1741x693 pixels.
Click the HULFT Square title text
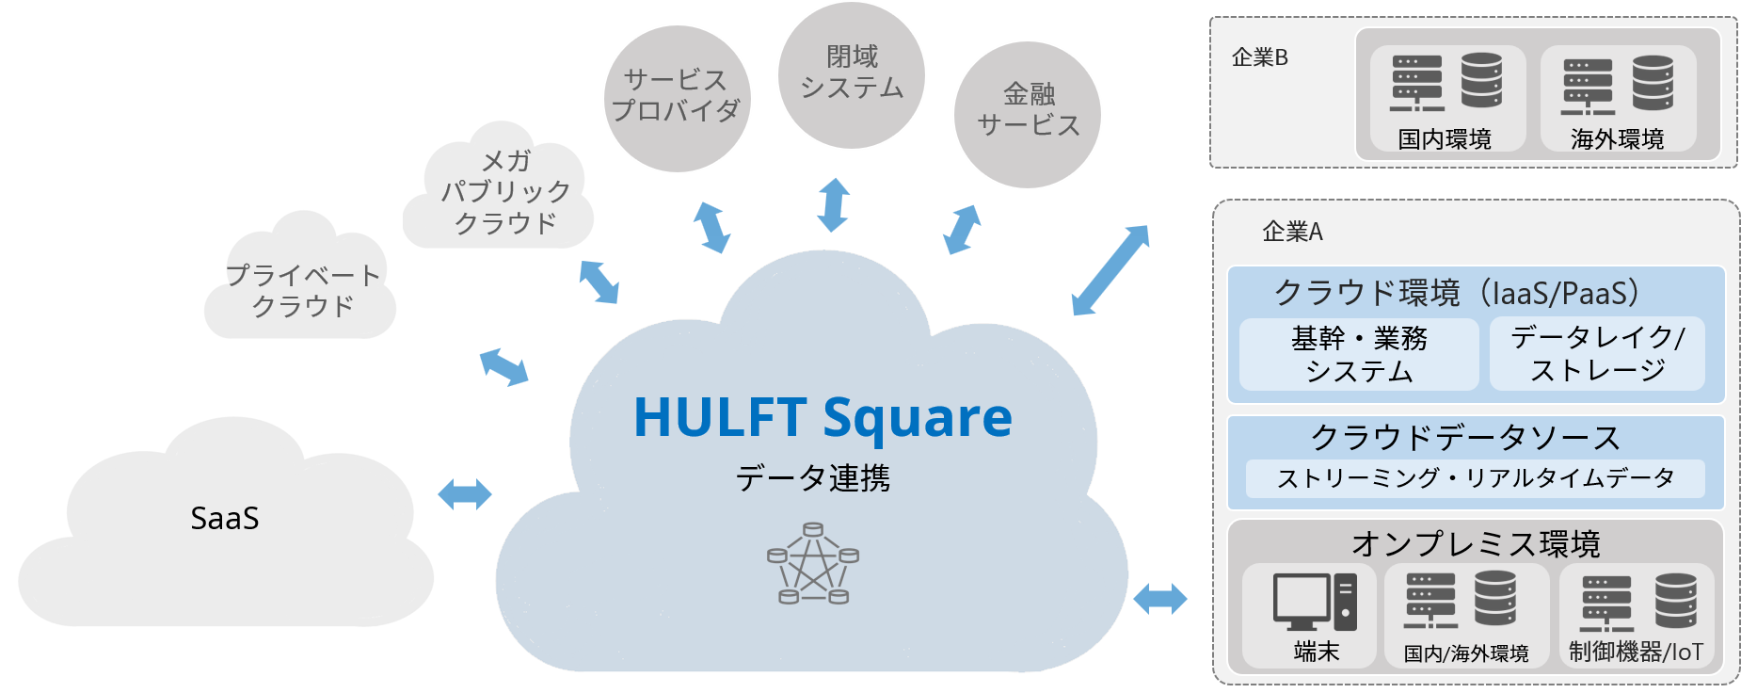[x=823, y=417]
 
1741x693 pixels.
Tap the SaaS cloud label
[x=225, y=519]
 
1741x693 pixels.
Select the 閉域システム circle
[x=852, y=73]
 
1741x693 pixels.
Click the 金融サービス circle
[x=1028, y=111]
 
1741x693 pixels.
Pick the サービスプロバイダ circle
[x=677, y=97]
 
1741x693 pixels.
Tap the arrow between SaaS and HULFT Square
[x=465, y=493]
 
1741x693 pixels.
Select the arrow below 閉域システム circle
[x=833, y=204]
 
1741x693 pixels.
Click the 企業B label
[x=1259, y=58]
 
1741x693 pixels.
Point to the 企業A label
[x=1292, y=232]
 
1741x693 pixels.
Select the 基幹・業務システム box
[x=1359, y=354]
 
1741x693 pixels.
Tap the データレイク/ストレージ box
[x=1597, y=354]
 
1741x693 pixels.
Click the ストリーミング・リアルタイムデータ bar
[x=1475, y=478]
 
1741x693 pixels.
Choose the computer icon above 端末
[x=1315, y=602]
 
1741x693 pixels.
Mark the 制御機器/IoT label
[x=1636, y=652]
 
